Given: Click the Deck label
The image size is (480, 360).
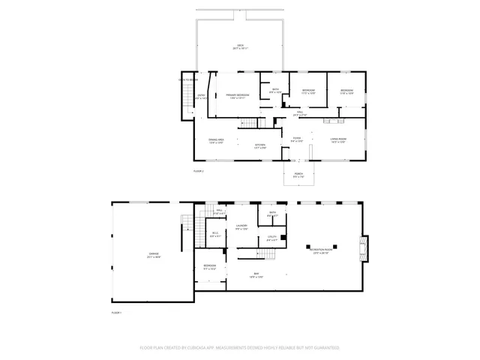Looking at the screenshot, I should coord(241,46).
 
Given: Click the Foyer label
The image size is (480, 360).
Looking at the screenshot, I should coord(297,139).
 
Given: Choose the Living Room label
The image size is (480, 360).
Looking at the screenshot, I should coord(337,139).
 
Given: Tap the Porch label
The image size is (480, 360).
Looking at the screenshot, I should coord(298,176).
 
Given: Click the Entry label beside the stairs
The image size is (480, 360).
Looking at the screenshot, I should coord(201,96).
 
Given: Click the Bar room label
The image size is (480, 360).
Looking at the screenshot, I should coord(256,274).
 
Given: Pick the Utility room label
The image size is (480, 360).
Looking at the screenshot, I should coord(272,238).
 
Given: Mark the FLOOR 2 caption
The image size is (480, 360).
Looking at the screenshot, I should coord(198,172).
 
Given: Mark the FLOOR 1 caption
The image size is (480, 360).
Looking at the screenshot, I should coord(116,312).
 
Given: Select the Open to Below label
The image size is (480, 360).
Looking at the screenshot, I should coord(187,79).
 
